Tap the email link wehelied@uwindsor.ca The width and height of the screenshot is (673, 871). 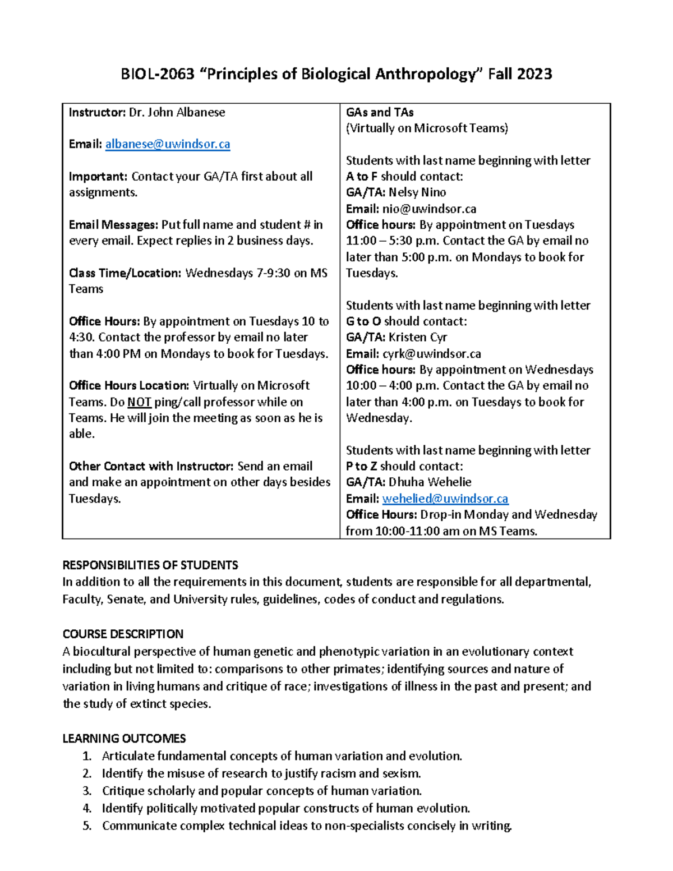pyautogui.click(x=445, y=499)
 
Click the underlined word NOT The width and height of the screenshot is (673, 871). pyautogui.click(x=139, y=402)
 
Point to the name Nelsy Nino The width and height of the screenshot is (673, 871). pyautogui.click(x=417, y=192)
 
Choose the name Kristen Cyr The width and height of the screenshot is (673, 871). pyautogui.click(x=418, y=337)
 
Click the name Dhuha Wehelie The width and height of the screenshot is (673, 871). pyautogui.click(x=430, y=482)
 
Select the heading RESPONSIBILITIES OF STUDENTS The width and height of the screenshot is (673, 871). pyautogui.click(x=150, y=565)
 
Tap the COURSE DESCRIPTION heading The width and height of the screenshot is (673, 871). pyautogui.click(x=123, y=634)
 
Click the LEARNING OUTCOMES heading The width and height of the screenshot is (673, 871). pyautogui.click(x=124, y=738)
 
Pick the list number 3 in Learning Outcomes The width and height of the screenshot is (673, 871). pyautogui.click(x=86, y=791)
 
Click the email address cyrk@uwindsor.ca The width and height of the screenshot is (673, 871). pyautogui.click(x=432, y=354)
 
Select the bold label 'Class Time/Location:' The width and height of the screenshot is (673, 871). pyautogui.click(x=125, y=273)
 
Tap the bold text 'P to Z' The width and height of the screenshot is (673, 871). pyautogui.click(x=361, y=466)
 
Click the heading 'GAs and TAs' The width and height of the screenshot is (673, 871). pyautogui.click(x=380, y=112)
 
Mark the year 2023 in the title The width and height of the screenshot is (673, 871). pyautogui.click(x=534, y=74)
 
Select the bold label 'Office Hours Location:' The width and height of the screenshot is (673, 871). pyautogui.click(x=129, y=386)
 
